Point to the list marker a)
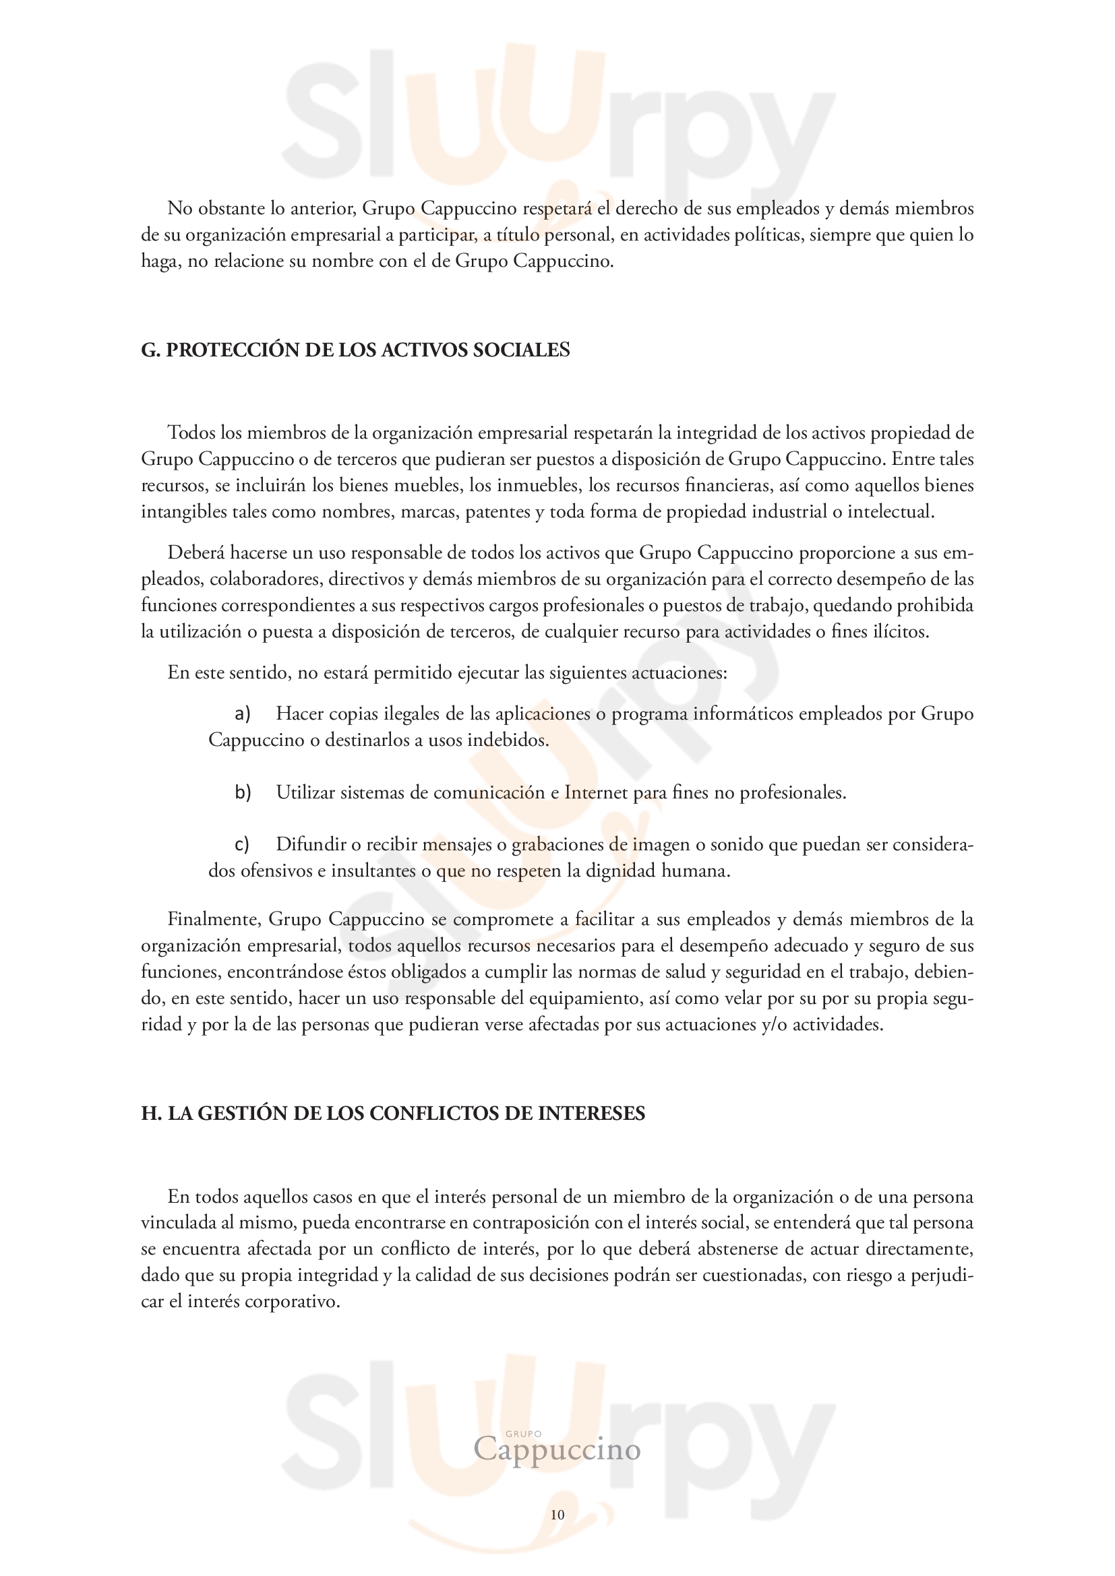(243, 714)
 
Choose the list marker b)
(243, 793)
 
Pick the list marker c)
(242, 845)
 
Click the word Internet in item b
(596, 793)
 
